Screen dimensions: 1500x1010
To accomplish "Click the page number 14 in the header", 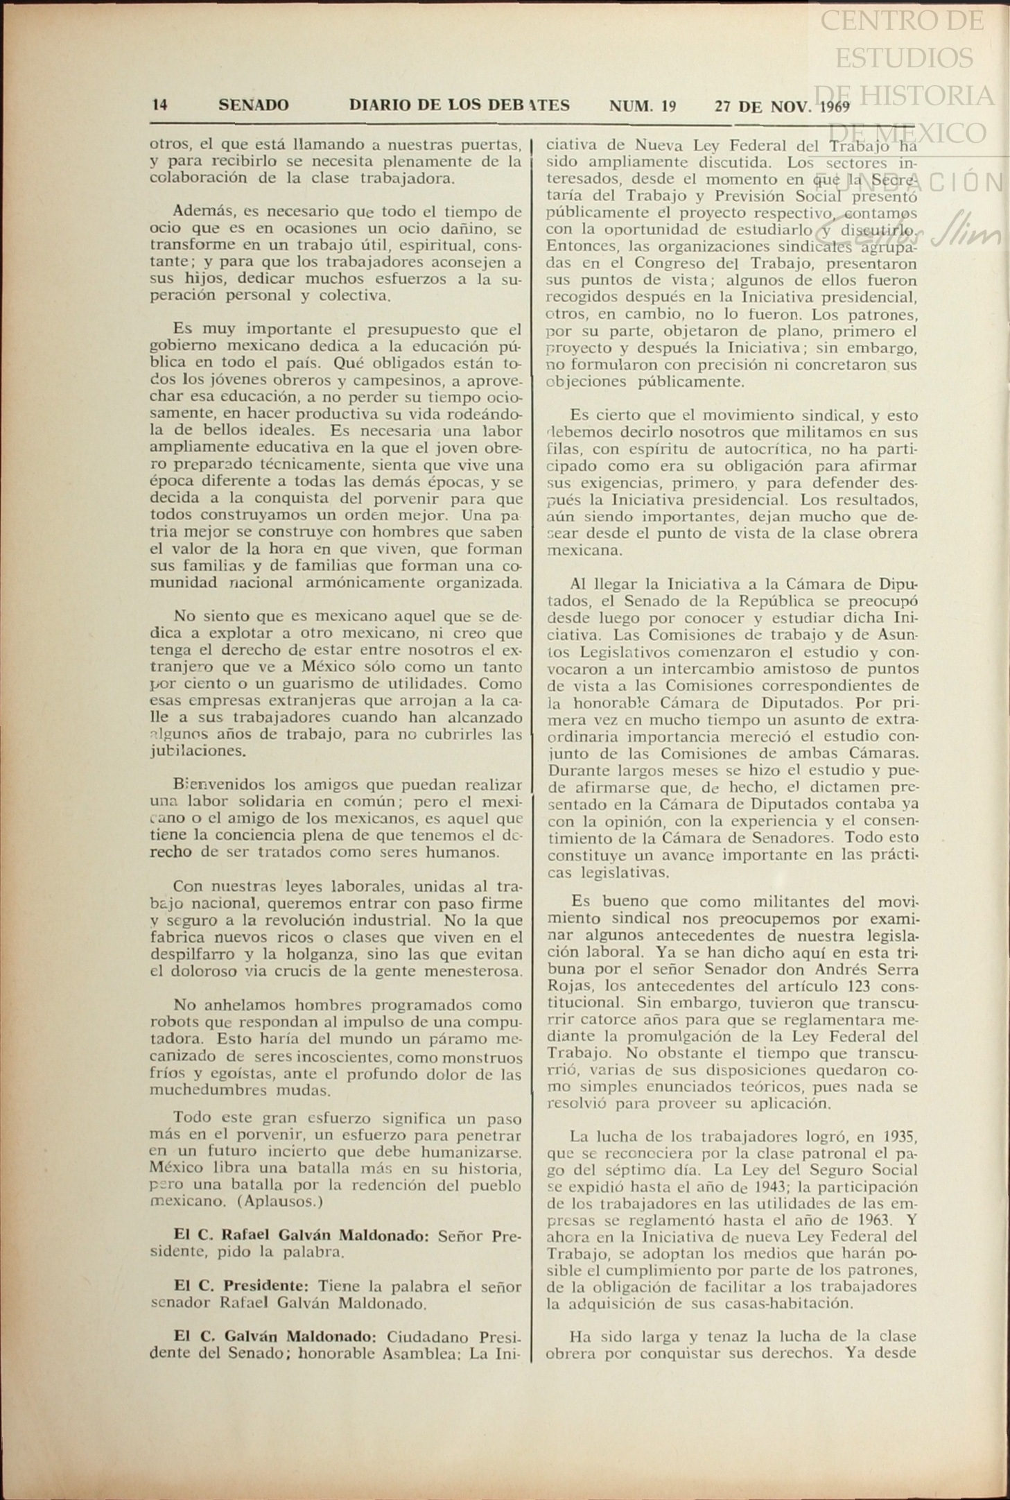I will click(159, 105).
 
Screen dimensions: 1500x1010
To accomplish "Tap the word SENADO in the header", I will click(254, 105).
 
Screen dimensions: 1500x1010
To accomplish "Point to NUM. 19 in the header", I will click(643, 106).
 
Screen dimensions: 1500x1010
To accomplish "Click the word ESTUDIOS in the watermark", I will click(904, 58).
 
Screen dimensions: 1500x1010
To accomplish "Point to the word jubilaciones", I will click(198, 751).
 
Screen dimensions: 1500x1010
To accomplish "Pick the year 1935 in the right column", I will click(900, 1137).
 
